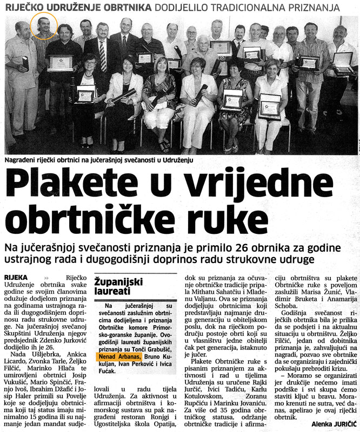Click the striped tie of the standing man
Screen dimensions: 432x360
(103, 55)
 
